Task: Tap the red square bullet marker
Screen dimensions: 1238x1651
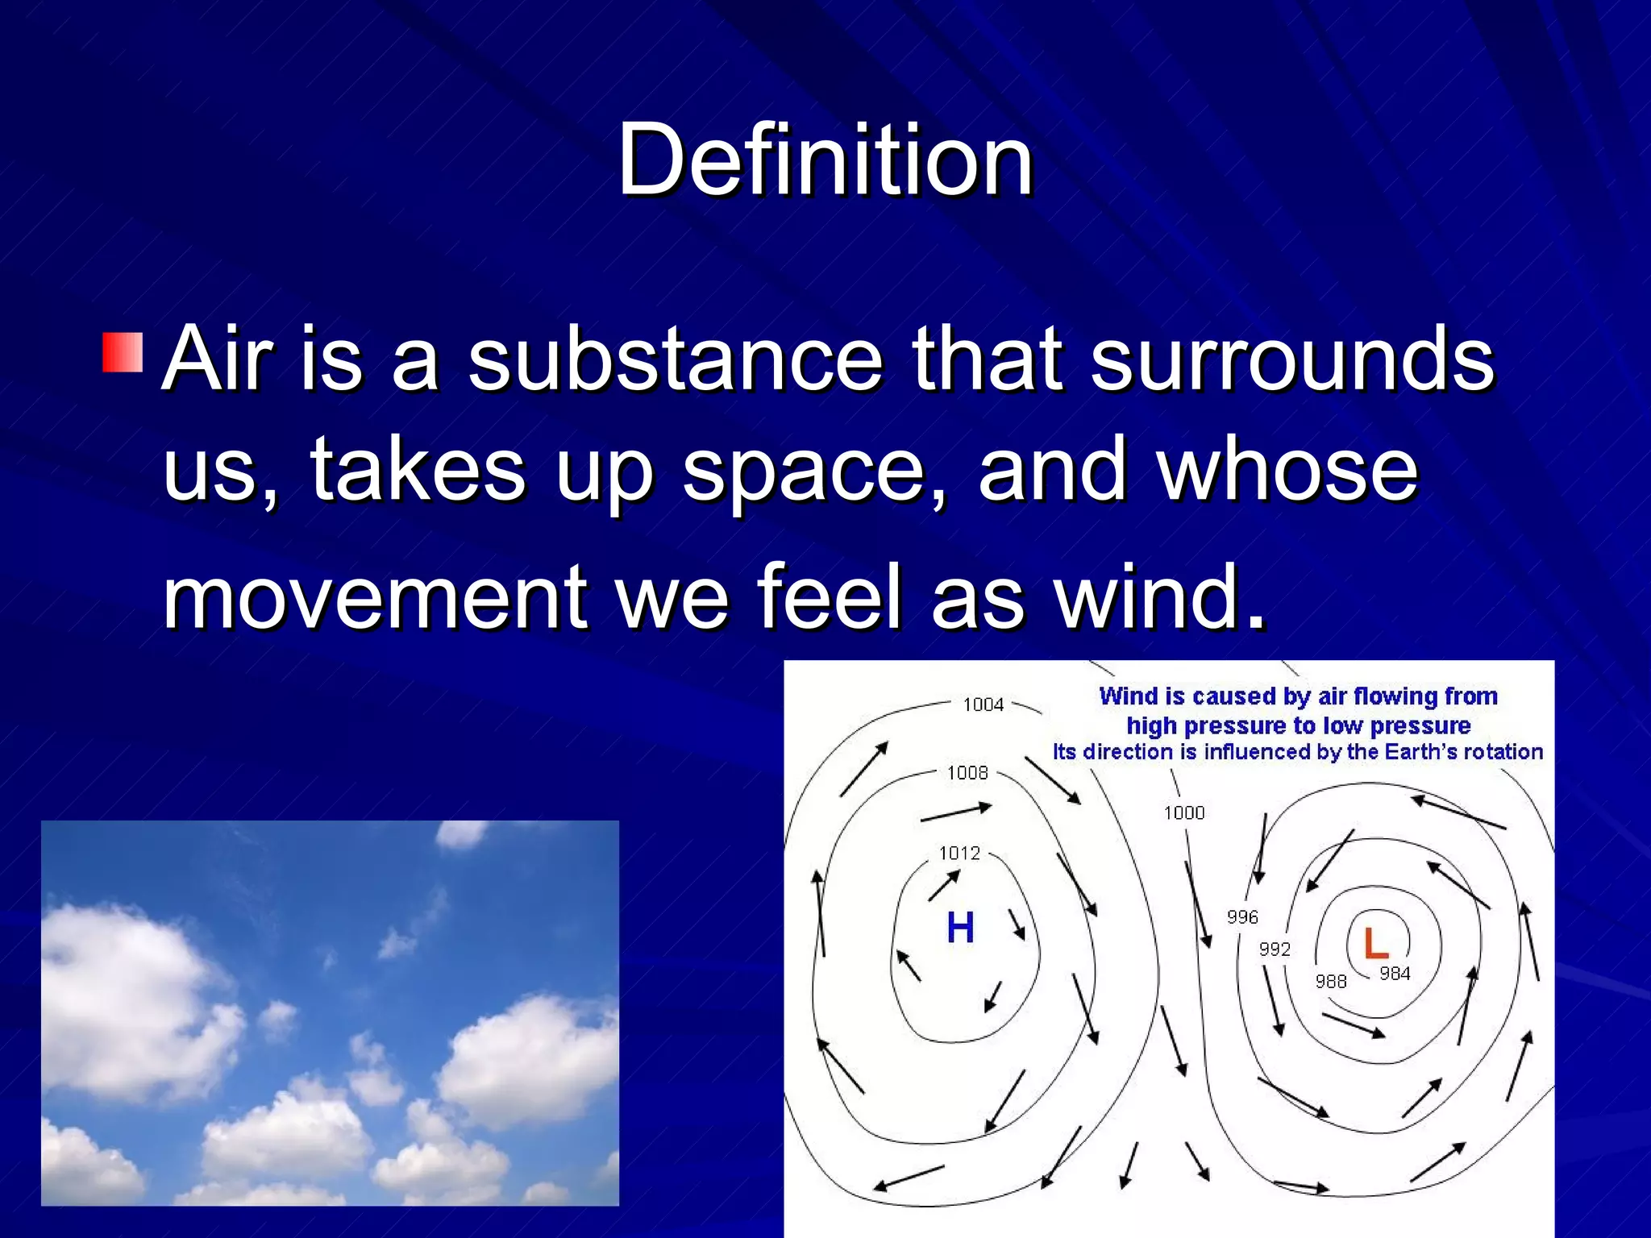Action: click(x=123, y=352)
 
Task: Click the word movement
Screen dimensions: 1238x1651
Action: click(x=376, y=597)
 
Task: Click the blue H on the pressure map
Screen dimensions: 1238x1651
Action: click(x=960, y=928)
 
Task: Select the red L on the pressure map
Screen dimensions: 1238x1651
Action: click(x=1374, y=943)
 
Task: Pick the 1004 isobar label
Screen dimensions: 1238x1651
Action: click(x=983, y=705)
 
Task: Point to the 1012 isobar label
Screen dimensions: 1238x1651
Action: click(x=959, y=854)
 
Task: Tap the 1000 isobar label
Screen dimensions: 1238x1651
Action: click(x=1183, y=813)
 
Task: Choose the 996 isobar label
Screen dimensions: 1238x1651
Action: click(x=1242, y=917)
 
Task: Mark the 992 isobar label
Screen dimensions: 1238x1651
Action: click(x=1275, y=949)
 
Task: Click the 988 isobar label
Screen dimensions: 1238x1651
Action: click(x=1331, y=982)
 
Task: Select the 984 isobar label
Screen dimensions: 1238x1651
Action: click(x=1395, y=974)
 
